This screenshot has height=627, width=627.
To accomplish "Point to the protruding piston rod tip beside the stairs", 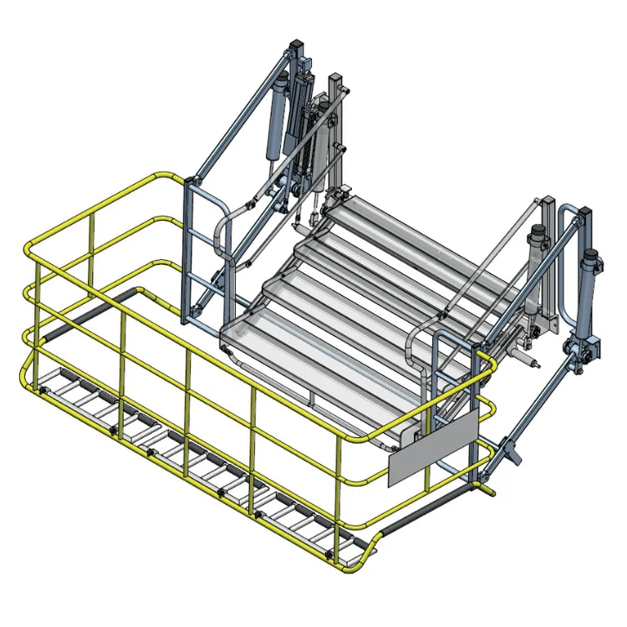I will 535,364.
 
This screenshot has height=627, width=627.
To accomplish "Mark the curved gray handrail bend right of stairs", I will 418,343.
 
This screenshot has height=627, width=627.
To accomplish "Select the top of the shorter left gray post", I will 334,79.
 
